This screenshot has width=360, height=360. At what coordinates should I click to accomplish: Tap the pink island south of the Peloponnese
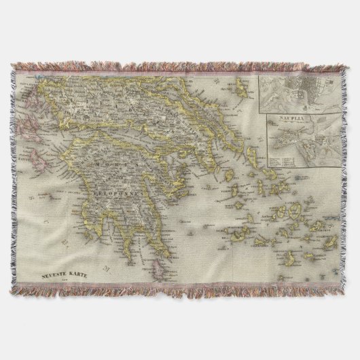pos(164,257)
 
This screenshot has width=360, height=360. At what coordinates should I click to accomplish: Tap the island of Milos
pos(238,237)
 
